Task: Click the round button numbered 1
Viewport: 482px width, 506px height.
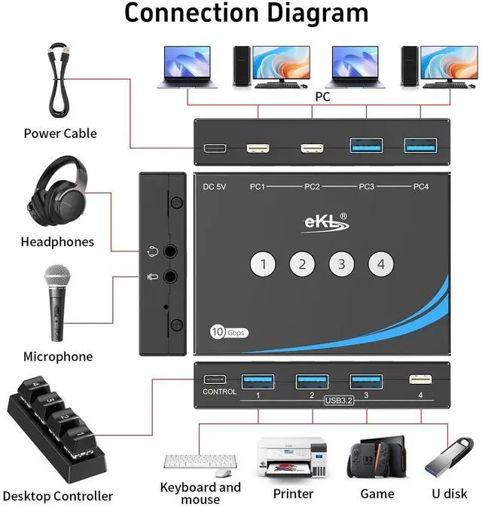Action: pyautogui.click(x=264, y=264)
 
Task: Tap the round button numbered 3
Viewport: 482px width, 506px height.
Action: pyautogui.click(x=342, y=264)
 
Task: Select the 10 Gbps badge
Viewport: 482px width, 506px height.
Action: pyautogui.click(x=228, y=332)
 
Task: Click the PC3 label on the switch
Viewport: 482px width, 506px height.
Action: pyautogui.click(x=367, y=186)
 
